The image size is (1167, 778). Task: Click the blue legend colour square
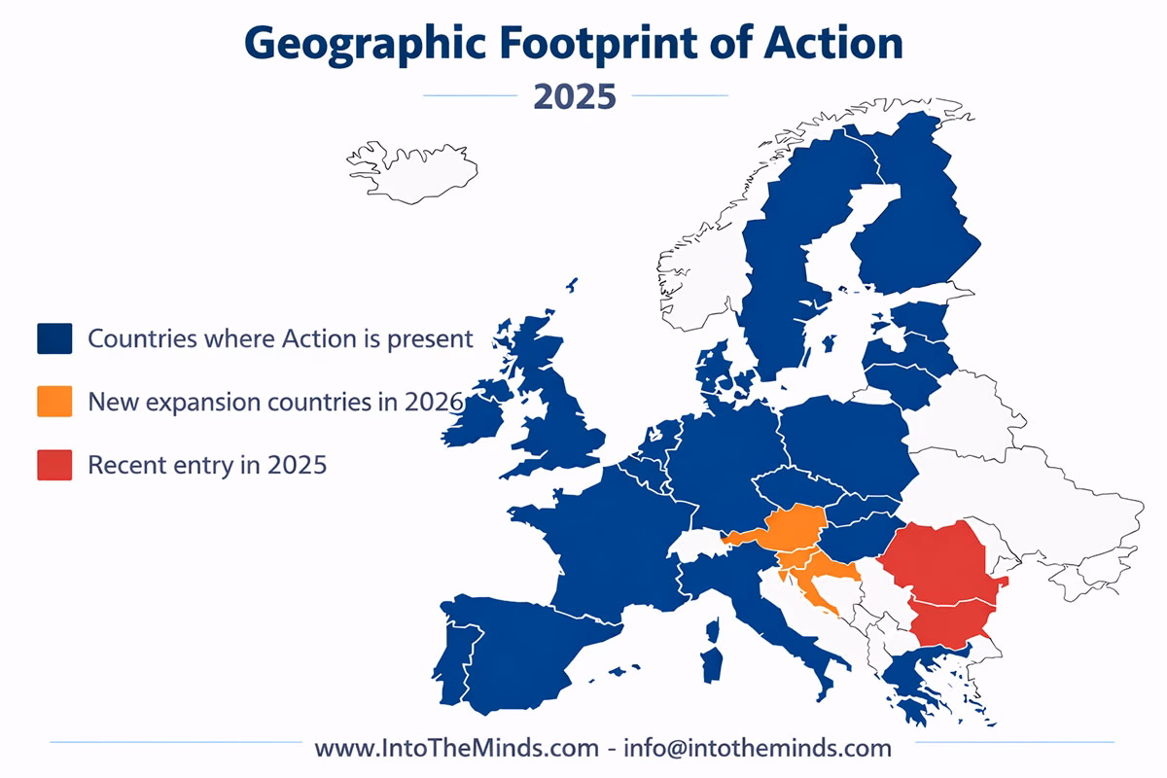coord(54,338)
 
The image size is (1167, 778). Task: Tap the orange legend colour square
coord(54,402)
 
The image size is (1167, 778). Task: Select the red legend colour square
coord(54,464)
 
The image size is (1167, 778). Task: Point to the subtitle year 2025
coord(575,96)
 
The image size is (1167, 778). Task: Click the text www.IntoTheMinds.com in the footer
coord(456,748)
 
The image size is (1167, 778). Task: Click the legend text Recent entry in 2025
coord(207,465)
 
